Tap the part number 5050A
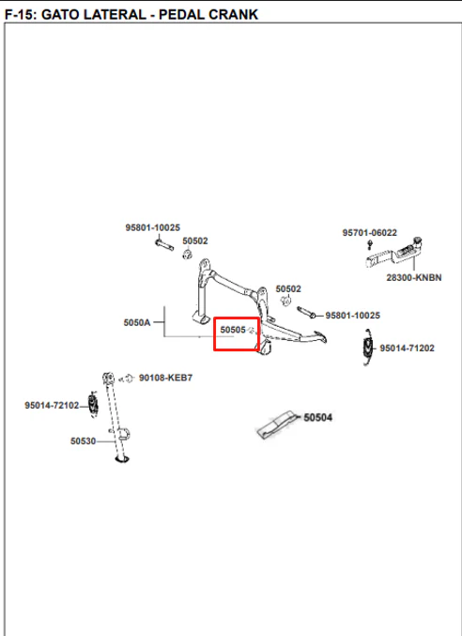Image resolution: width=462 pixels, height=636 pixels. coord(137,322)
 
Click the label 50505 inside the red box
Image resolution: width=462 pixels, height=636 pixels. coord(233,330)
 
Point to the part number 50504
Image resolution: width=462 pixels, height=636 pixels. coord(317,417)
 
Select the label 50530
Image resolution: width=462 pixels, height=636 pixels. coord(83,441)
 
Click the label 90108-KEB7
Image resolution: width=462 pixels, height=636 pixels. coord(166,378)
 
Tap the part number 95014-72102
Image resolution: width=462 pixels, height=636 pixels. coord(52,405)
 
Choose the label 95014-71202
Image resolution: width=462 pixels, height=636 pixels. coord(407,348)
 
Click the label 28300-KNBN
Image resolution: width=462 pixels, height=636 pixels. coord(414,277)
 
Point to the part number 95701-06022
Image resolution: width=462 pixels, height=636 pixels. coord(370,232)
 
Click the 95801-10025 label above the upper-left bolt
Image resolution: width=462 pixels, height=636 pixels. coord(152,227)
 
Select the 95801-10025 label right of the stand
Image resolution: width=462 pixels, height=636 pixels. coord(352,315)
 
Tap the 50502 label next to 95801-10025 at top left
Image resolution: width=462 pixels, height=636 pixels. coord(195,240)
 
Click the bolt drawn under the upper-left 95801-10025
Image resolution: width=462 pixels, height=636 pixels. coord(164,244)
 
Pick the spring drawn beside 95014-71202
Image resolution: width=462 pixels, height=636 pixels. coord(368,348)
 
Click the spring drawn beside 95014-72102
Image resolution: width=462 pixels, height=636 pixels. coord(93,404)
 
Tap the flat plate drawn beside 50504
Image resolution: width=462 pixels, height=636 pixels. coord(275,425)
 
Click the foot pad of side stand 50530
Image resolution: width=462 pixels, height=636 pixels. coord(122,458)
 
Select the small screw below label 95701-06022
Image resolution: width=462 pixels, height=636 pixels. coord(370,244)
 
